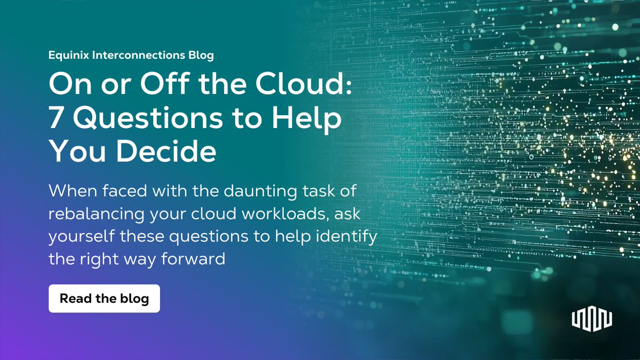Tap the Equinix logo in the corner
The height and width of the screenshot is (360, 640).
592,319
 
